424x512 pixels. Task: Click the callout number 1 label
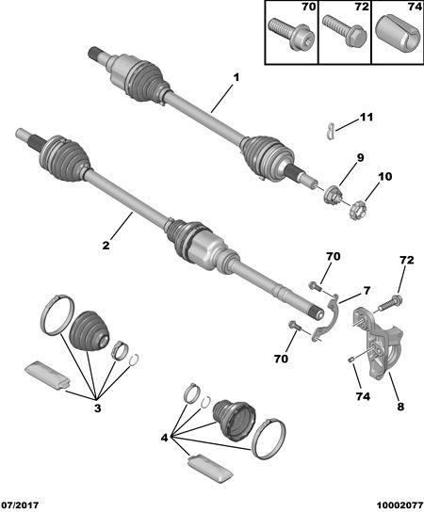coord(236,78)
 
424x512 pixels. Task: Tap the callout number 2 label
coord(106,246)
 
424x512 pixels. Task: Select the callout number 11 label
coord(366,118)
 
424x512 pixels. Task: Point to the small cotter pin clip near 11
coord(331,130)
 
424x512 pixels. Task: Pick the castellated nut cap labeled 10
coord(357,211)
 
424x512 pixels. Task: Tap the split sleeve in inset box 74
coord(398,36)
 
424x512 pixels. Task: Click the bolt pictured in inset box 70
coord(291,34)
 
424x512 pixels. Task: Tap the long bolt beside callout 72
coord(390,303)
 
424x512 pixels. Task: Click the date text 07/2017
coord(20,504)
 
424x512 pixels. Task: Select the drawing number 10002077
coord(400,504)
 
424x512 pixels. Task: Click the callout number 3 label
coord(98,408)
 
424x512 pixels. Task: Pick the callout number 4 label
coord(164,438)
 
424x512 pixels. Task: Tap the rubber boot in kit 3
coord(89,330)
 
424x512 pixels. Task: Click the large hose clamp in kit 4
coord(269,439)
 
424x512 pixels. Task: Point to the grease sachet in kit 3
coord(48,376)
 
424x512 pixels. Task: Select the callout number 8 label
coord(400,407)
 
